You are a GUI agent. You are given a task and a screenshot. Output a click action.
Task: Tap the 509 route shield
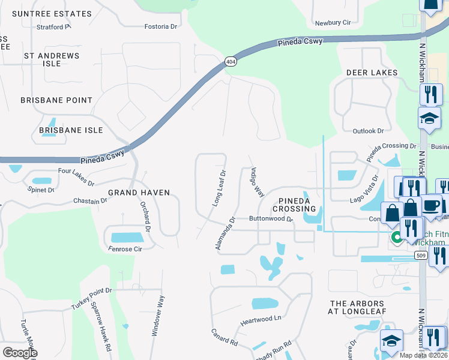point(421,256)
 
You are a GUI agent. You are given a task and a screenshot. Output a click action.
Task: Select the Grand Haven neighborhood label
point(139,193)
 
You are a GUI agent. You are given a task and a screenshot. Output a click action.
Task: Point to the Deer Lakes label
point(372,73)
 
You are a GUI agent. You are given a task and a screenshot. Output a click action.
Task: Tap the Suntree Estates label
point(52,14)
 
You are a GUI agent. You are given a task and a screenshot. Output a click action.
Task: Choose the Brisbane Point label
point(56,100)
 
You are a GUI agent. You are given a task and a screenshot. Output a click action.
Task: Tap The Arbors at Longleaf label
point(361,308)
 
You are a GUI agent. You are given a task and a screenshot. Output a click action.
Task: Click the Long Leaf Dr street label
point(219,188)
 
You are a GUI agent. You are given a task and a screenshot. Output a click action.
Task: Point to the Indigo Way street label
point(257,182)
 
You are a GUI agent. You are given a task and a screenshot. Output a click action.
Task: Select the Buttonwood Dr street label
point(270,220)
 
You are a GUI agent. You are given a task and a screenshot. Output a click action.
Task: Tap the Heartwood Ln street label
point(261,319)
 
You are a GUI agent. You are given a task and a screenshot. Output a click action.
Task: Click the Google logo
point(20,353)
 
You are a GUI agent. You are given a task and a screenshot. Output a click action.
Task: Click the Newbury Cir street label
point(333,23)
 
